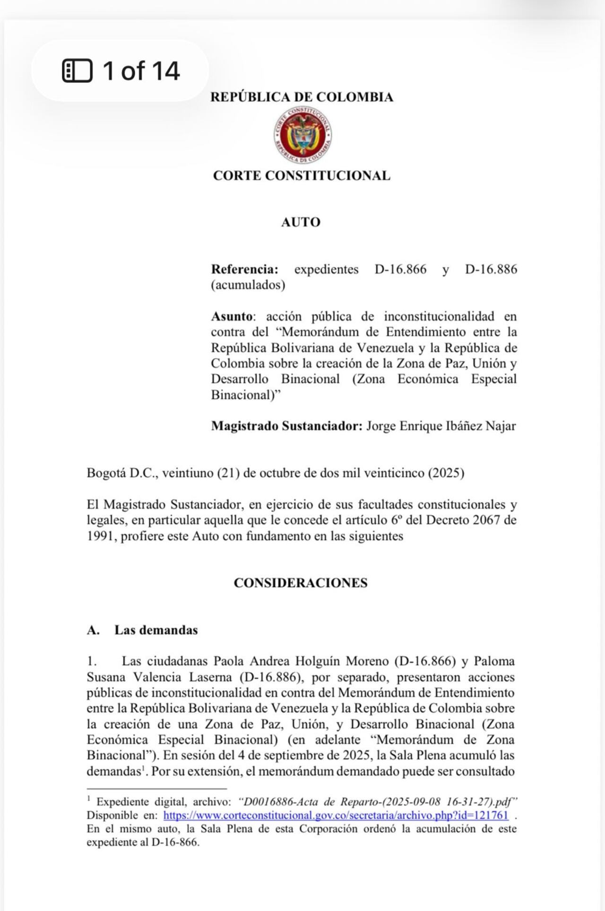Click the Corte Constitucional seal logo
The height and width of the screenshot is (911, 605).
[x=302, y=135]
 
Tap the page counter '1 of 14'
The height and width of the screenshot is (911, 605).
[x=141, y=71]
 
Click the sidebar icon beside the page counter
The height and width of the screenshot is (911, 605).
[x=77, y=71]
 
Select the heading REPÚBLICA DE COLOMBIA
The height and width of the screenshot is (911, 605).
[x=302, y=97]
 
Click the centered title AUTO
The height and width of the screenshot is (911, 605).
[x=301, y=222]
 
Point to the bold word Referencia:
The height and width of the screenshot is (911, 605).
[x=244, y=269]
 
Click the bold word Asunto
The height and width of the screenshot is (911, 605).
[x=232, y=316]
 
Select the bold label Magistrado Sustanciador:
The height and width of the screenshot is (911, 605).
[x=286, y=426]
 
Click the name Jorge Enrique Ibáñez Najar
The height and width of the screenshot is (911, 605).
[x=441, y=426]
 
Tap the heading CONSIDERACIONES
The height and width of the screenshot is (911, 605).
[x=301, y=583]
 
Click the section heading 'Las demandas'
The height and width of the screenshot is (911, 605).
[x=156, y=630]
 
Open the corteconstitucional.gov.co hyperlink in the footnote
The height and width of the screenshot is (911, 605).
[x=336, y=815]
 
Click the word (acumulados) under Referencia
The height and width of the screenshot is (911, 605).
[x=248, y=285]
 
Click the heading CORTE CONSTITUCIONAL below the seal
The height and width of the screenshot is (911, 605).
[x=302, y=175]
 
